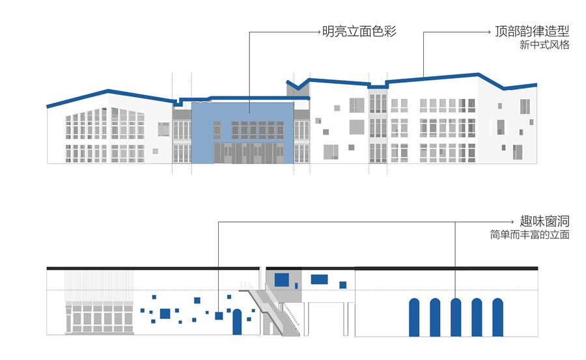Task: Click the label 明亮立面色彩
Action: (359, 31)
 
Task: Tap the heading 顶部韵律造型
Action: (532, 31)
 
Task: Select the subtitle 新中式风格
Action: (544, 45)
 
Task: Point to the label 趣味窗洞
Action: (544, 221)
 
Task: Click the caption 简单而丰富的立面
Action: (530, 235)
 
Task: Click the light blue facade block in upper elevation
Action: (242, 133)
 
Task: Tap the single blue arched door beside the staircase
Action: (237, 322)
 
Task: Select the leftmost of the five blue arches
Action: (414, 318)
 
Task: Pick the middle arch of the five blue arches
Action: (456, 318)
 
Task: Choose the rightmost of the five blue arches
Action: (497, 318)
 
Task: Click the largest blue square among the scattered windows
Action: (165, 314)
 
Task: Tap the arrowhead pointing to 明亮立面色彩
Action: (319, 32)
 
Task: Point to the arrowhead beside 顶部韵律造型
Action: (489, 32)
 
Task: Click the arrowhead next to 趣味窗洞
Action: (515, 222)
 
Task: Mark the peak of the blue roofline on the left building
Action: (108, 90)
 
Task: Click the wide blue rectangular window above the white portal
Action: (319, 279)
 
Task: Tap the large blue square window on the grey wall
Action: (282, 280)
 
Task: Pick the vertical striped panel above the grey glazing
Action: (99, 286)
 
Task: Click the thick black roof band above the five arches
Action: (446, 268)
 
